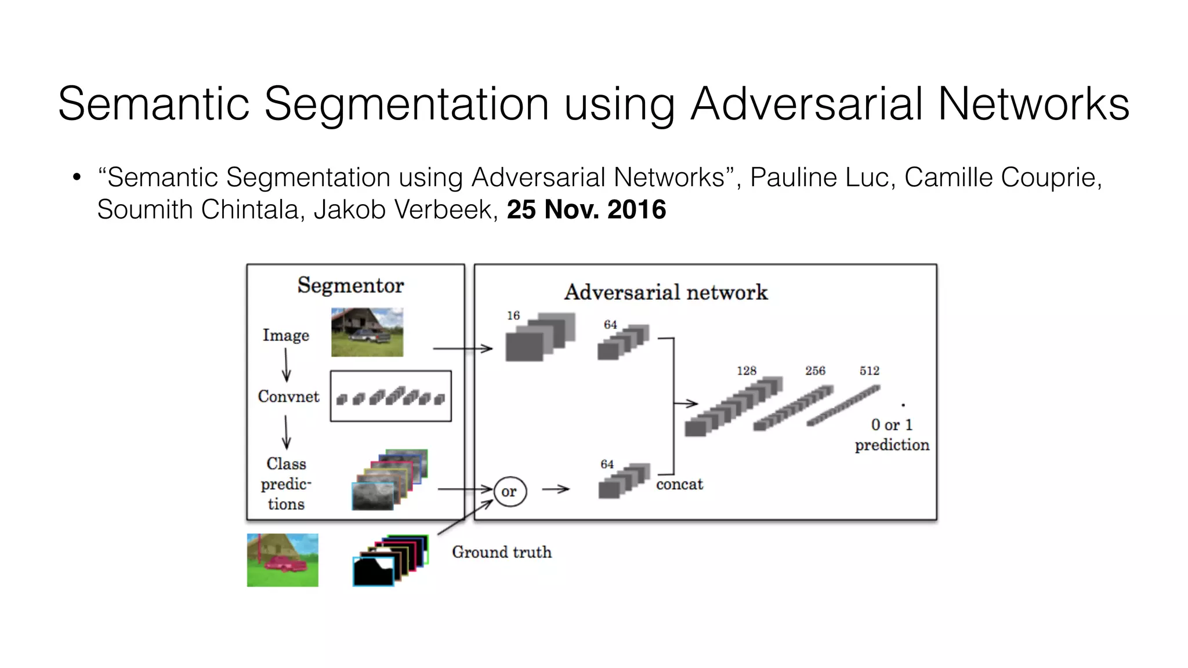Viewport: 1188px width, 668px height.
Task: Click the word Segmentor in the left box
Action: point(350,285)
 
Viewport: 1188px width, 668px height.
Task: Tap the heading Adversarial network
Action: point(665,292)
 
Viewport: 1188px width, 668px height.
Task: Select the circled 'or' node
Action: point(510,492)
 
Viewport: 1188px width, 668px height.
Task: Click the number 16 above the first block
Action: point(513,315)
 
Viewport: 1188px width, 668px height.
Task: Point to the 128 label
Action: point(747,371)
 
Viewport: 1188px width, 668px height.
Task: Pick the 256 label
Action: point(815,371)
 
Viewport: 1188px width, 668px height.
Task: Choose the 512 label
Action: point(870,371)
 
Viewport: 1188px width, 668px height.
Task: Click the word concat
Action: point(679,484)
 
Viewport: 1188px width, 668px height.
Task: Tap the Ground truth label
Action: point(502,552)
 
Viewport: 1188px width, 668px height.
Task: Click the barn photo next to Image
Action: point(367,332)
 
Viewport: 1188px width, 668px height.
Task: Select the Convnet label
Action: point(288,397)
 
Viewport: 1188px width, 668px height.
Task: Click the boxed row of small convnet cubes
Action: point(390,397)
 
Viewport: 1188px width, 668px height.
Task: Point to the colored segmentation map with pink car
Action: point(282,560)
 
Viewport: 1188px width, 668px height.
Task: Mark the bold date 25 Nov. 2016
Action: point(586,209)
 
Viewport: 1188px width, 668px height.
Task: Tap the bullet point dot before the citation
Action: point(77,177)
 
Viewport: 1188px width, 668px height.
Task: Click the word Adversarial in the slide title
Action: point(806,104)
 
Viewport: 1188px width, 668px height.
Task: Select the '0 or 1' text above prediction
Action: point(892,425)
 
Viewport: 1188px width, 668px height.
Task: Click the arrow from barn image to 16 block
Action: point(462,348)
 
